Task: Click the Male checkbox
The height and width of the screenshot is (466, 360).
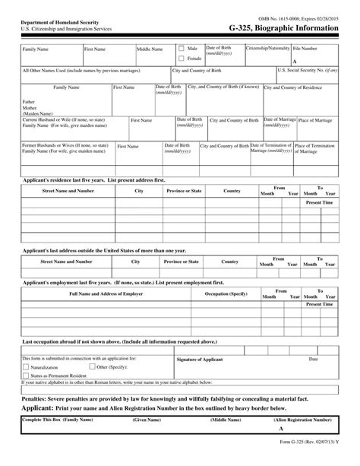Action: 181,48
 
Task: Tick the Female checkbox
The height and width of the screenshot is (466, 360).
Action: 181,58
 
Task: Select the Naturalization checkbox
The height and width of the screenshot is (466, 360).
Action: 26,366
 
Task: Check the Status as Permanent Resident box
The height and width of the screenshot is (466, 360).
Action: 26,376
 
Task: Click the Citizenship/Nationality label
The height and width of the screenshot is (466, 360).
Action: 267,48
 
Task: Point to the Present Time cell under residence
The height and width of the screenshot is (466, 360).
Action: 319,204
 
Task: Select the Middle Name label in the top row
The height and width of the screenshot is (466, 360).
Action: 150,49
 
